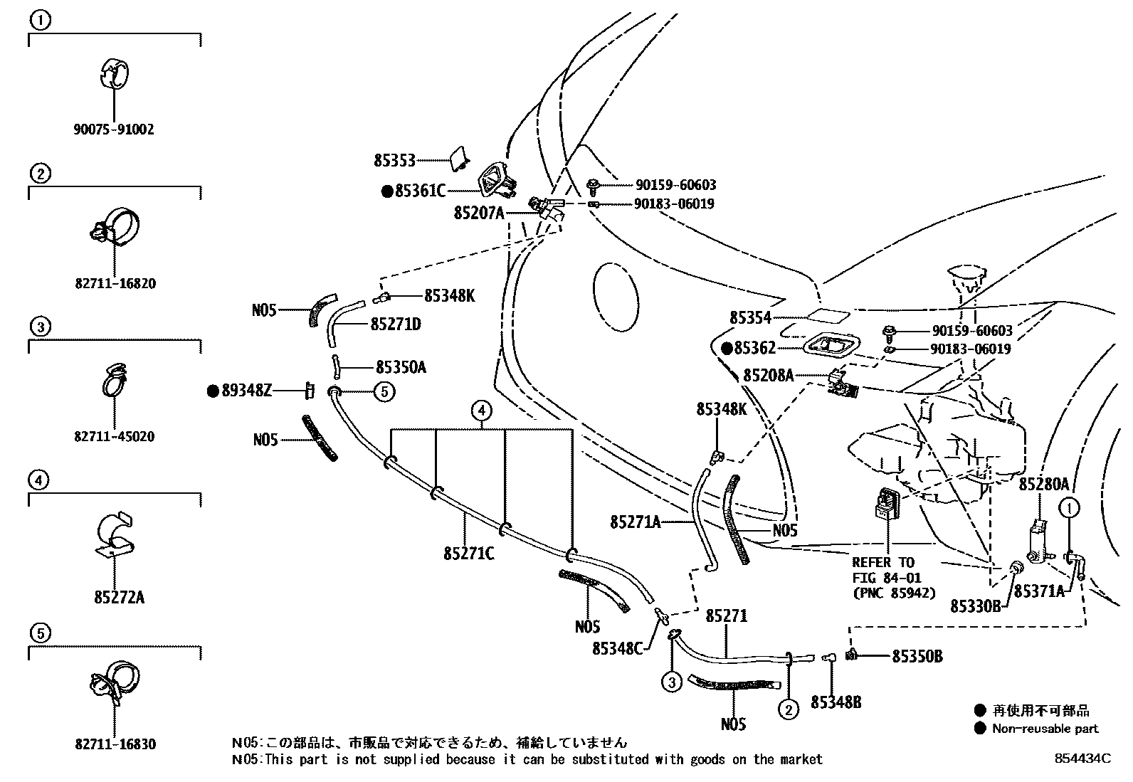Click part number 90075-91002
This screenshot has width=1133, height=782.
114,130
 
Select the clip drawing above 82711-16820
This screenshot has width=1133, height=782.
115,226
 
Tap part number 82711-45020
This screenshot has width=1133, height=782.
115,436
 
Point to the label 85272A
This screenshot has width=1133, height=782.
120,598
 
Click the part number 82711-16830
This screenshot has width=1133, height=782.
115,744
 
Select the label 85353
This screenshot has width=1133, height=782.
394,161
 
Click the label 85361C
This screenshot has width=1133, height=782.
421,191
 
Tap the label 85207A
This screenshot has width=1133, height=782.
479,213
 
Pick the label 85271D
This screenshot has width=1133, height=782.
396,324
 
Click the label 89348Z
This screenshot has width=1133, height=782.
247,391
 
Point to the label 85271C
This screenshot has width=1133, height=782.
469,554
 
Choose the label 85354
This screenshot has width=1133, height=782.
750,317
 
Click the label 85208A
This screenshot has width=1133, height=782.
769,375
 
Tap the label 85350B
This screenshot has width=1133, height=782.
917,657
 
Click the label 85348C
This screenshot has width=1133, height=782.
618,648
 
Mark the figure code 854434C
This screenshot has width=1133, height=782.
1083,759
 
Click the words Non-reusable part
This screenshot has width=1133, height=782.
1045,729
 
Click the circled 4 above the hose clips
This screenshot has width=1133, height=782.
481,411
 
